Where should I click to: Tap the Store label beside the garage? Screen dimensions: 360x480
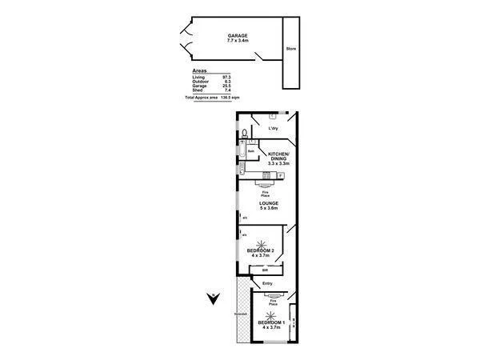[x=291, y=50]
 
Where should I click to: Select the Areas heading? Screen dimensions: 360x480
[x=200, y=71]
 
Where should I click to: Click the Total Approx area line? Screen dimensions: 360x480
[x=213, y=97]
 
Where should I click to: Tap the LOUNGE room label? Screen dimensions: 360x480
[x=268, y=205]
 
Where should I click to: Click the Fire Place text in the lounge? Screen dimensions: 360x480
[x=264, y=193]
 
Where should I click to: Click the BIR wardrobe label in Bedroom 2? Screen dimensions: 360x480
[x=264, y=270]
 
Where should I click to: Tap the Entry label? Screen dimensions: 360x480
[x=268, y=284]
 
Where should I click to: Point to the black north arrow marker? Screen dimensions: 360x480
[x=212, y=299]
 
